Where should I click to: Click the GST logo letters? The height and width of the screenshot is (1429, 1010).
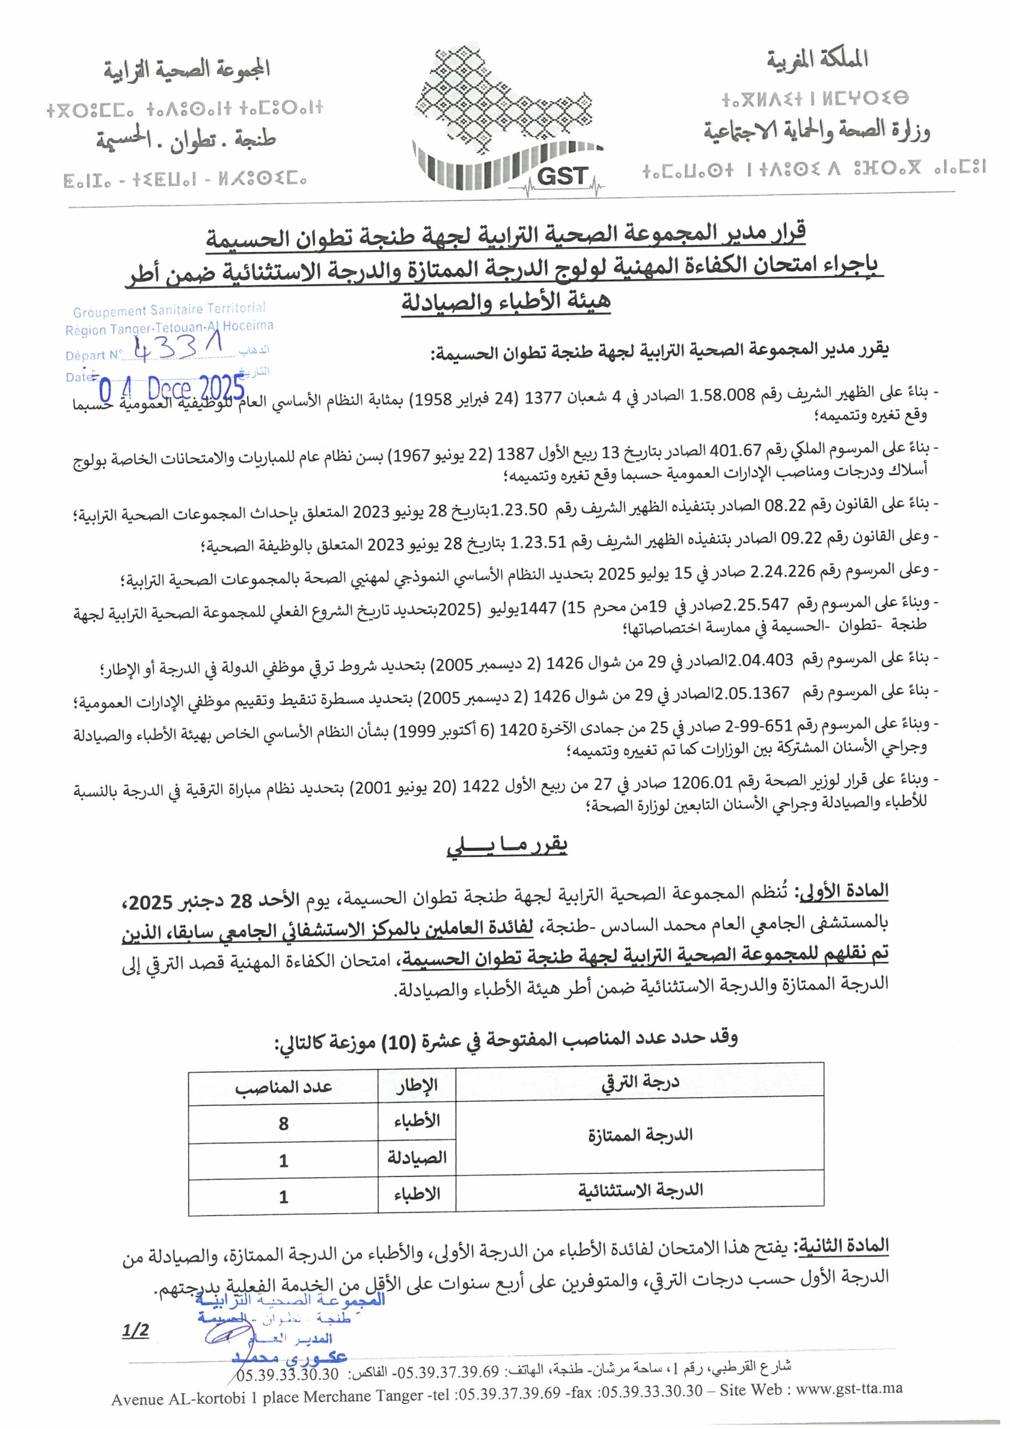(x=561, y=176)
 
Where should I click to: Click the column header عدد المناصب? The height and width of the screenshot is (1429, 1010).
(x=284, y=1086)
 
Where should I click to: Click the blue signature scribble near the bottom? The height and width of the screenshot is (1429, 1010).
(x=228, y=1333)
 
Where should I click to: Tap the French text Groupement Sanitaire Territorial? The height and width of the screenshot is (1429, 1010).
(x=169, y=310)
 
